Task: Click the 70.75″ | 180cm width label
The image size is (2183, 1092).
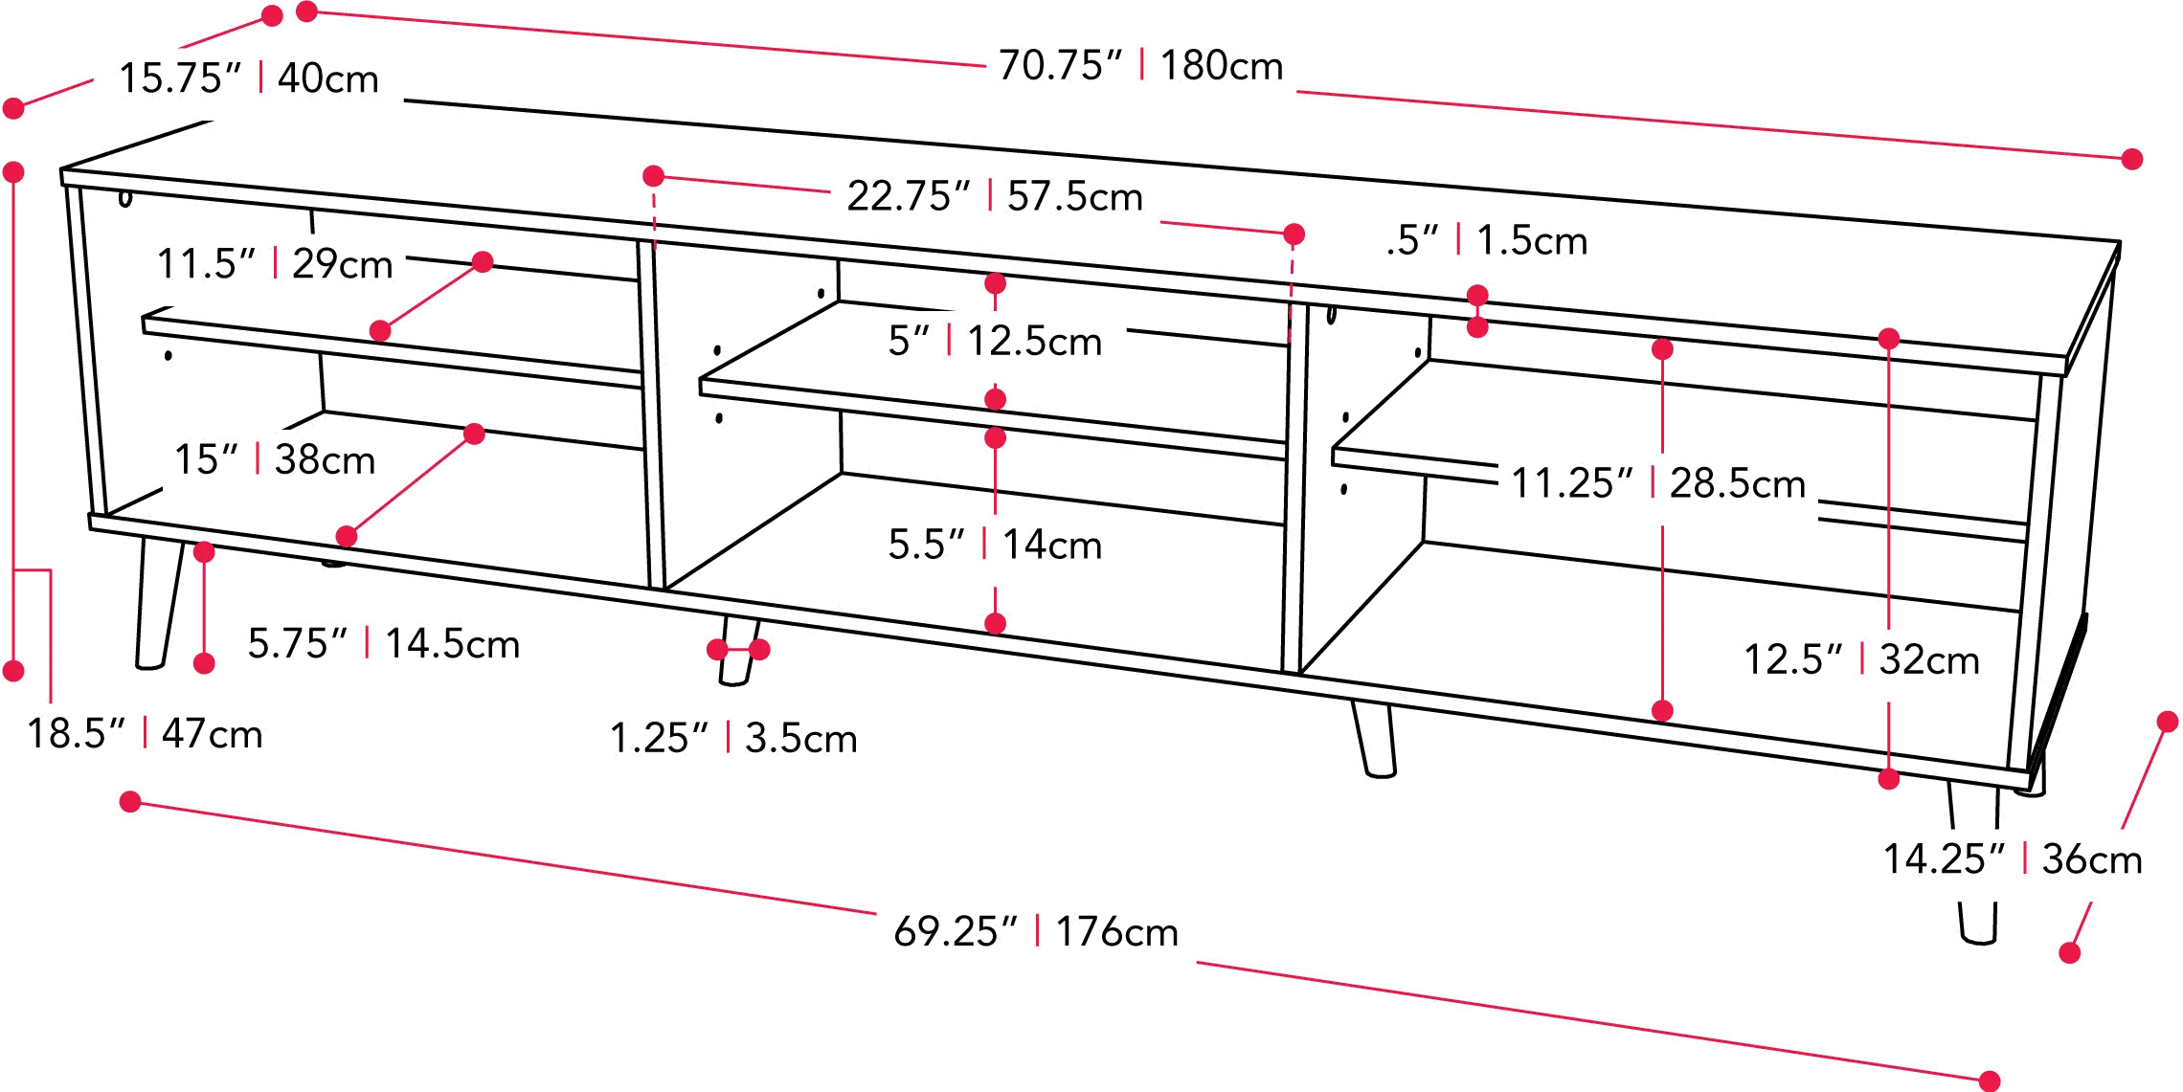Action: [1140, 65]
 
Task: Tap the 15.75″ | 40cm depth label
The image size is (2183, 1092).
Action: [249, 78]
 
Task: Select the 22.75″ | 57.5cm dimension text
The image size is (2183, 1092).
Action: [995, 196]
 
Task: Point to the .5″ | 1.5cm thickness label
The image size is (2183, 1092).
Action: [1487, 240]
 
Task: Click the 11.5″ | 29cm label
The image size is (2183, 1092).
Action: [275, 263]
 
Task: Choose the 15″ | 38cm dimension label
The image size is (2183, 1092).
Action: [274, 459]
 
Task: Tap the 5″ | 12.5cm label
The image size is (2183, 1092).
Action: [995, 341]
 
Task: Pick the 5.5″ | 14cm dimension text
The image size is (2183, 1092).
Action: [995, 545]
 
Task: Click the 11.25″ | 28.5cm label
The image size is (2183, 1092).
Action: [1657, 483]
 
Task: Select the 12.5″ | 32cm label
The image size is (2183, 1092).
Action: [1861, 659]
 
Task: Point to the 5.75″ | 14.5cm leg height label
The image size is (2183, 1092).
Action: [383, 643]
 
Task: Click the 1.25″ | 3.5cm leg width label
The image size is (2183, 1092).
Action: [733, 738]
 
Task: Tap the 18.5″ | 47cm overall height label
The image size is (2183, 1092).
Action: [145, 734]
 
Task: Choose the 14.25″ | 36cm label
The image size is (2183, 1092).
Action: [2013, 858]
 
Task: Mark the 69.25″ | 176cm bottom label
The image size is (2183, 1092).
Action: [1036, 931]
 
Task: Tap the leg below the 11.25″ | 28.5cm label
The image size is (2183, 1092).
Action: [1374, 738]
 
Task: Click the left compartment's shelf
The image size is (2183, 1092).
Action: [393, 346]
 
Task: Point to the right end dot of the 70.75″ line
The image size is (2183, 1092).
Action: [2131, 159]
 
